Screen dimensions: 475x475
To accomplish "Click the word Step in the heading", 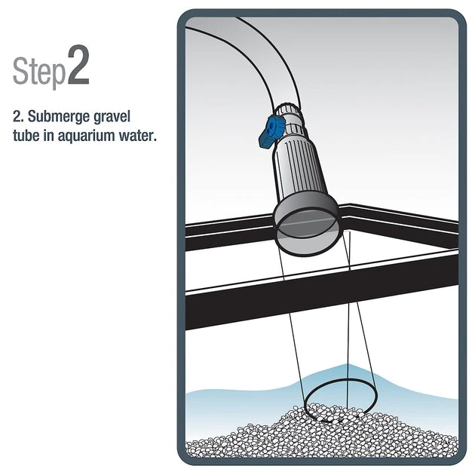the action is click(x=39, y=71).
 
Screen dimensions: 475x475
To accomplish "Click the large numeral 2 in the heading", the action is click(x=78, y=65).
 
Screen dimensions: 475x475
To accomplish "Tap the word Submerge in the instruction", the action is click(x=59, y=117).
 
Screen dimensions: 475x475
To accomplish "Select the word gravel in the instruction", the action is click(x=112, y=117).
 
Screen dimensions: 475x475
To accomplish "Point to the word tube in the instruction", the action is click(x=26, y=136).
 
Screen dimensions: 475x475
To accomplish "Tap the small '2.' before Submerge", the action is click(x=19, y=117).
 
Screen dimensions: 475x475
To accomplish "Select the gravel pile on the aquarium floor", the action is click(x=322, y=440).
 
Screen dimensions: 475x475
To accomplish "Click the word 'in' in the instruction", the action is click(x=49, y=135).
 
